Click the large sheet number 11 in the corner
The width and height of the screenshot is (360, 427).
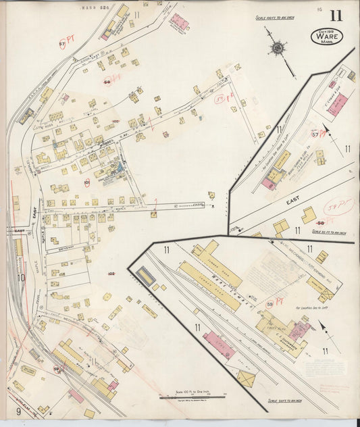(x=336, y=15)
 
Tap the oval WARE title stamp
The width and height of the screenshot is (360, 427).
(x=326, y=36)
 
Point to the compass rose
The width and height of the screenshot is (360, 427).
(x=278, y=48)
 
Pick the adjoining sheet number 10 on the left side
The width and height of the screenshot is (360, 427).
(x=20, y=276)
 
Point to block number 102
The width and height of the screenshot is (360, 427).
(x=111, y=273)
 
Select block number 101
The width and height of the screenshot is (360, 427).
(x=86, y=182)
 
